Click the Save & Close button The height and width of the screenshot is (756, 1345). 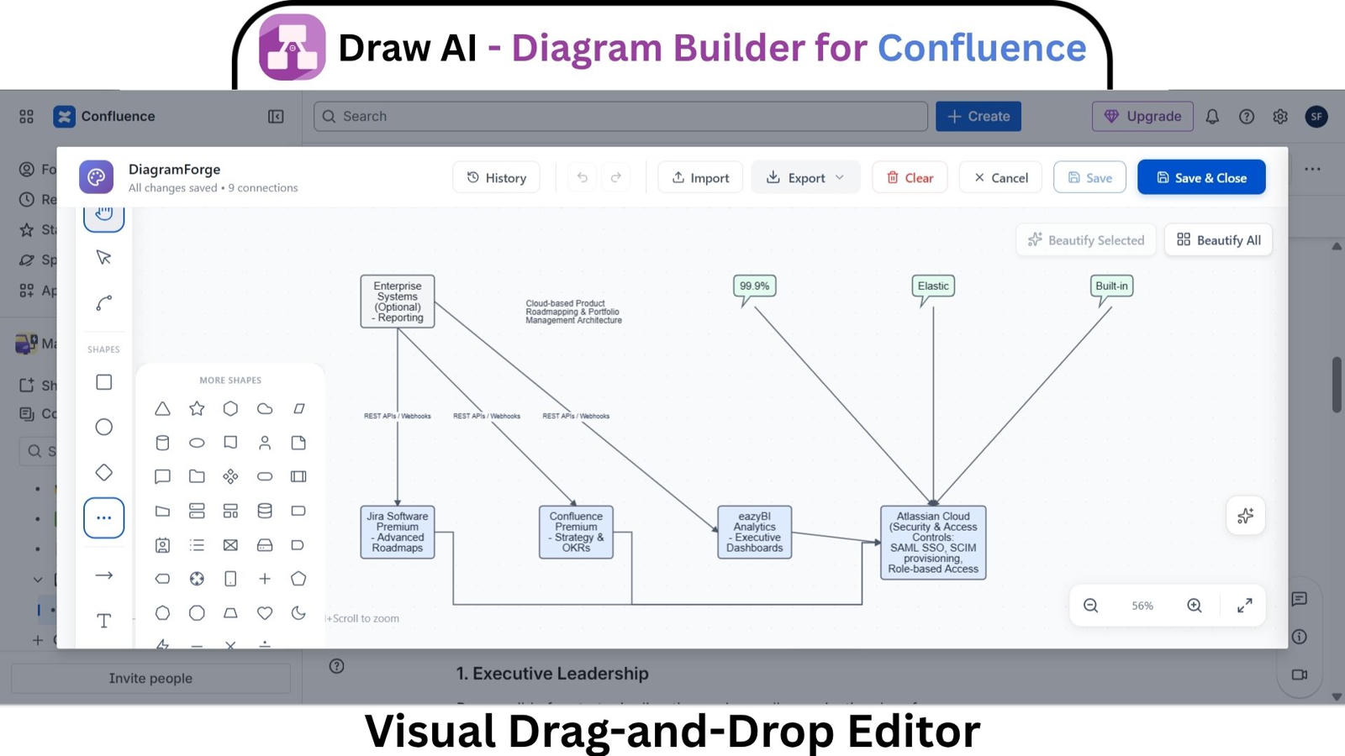[1200, 177]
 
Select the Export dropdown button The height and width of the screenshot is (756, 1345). [805, 177]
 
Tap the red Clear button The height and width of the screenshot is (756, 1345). [910, 177]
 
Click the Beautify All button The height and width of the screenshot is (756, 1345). [1218, 240]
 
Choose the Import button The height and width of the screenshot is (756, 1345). [700, 177]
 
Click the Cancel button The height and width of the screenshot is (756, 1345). [1000, 177]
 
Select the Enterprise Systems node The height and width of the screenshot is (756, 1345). [398, 301]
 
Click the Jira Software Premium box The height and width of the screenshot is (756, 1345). [398, 532]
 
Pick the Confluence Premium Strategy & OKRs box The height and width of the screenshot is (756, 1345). [576, 532]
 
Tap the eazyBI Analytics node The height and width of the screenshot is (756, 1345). [754, 532]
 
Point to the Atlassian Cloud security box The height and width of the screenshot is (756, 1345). [933, 543]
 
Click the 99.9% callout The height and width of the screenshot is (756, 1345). [754, 286]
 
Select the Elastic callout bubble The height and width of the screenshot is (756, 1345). [933, 286]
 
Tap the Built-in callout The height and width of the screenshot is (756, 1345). [1111, 286]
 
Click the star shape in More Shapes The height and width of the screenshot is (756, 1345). [197, 408]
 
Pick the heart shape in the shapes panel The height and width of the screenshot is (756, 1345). [265, 613]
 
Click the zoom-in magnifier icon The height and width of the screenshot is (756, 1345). [1194, 606]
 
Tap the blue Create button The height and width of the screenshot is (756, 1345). [978, 116]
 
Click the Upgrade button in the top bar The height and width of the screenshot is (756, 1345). [1142, 116]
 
